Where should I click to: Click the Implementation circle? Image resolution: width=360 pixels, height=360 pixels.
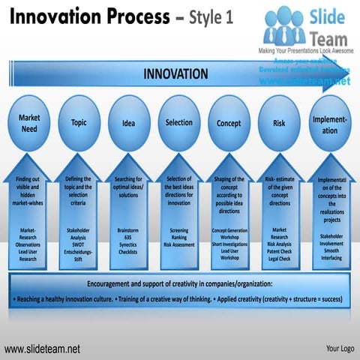(329, 124)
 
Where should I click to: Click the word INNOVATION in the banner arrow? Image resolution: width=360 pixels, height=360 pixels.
(176, 73)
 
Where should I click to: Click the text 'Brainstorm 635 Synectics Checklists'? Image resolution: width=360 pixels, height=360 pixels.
(128, 241)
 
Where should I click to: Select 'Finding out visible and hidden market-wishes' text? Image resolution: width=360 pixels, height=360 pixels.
(28, 191)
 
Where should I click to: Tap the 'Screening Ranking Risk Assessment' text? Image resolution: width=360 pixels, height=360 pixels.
(178, 237)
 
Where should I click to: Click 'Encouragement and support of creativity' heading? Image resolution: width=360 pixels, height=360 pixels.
(180, 284)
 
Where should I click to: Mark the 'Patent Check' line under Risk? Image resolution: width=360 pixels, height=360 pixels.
(279, 251)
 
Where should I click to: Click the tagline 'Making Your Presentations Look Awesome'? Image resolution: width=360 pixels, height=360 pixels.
(304, 49)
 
